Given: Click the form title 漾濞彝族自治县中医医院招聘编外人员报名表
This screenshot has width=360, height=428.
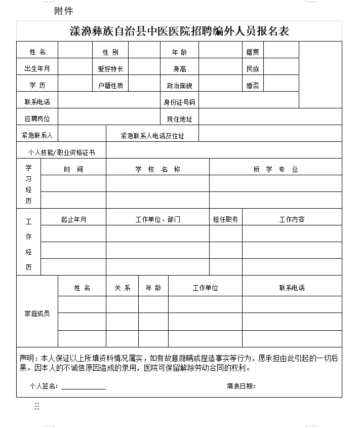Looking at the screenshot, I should click(x=179, y=31).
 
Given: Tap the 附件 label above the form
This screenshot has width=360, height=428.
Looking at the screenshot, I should click(x=64, y=11).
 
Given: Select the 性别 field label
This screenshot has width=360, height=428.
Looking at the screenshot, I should click(x=110, y=52).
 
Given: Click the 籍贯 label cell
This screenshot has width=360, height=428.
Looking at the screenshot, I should click(x=253, y=52).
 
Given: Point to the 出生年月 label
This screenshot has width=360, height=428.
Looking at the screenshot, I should click(x=37, y=69).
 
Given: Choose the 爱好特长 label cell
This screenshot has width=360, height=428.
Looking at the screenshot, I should click(x=110, y=69).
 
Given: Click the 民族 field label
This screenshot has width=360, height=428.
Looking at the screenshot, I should click(x=253, y=69).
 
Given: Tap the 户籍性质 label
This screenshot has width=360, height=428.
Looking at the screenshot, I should click(x=110, y=86).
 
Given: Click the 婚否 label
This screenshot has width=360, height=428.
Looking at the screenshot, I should click(x=253, y=86).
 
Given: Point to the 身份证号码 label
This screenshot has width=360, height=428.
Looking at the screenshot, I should click(x=179, y=102).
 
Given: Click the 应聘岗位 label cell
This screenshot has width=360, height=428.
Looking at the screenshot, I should click(x=37, y=119).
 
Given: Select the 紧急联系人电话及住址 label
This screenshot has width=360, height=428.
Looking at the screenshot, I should click(x=152, y=136).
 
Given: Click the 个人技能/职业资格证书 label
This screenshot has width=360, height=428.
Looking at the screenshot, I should click(x=61, y=152).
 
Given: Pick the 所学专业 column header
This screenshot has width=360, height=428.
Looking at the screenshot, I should click(x=275, y=169).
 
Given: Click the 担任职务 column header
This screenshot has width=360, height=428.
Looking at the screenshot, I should click(x=225, y=219).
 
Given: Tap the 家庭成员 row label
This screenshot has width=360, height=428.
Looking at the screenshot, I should click(x=37, y=314).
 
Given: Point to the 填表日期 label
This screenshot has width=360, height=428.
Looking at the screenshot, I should click(x=241, y=386).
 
